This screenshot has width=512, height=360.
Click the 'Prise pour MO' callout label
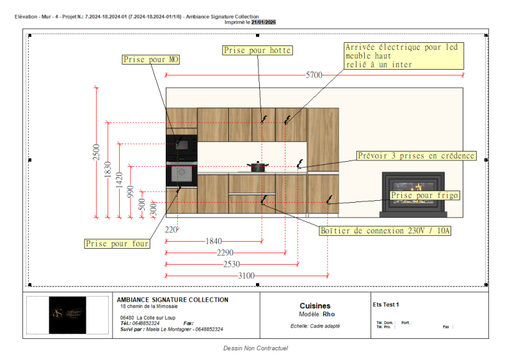pyautogui.click(x=151, y=59)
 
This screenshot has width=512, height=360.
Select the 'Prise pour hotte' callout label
pyautogui.click(x=257, y=50)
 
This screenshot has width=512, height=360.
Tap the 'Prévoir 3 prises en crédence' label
pyautogui.click(x=416, y=155)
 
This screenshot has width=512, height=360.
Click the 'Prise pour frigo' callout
pyautogui.click(x=425, y=195)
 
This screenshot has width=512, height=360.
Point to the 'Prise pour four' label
pyautogui.click(x=118, y=244)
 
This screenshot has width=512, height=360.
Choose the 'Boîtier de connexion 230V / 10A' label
pyautogui.click(x=385, y=230)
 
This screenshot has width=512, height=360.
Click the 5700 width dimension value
pyautogui.click(x=314, y=75)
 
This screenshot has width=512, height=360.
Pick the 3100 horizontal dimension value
pyautogui.click(x=246, y=276)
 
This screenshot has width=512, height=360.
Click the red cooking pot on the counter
pyautogui.click(x=257, y=166)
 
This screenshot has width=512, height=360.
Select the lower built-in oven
pyautogui.click(x=181, y=173)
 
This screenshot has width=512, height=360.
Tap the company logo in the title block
pyautogui.click(x=67, y=315)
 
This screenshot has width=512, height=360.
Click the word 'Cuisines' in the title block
pyautogui.click(x=315, y=306)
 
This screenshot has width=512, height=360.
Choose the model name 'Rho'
pyautogui.click(x=329, y=315)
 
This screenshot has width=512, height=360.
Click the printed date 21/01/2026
pyautogui.click(x=263, y=22)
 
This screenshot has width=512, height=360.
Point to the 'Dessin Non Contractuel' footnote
pyautogui.click(x=255, y=348)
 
